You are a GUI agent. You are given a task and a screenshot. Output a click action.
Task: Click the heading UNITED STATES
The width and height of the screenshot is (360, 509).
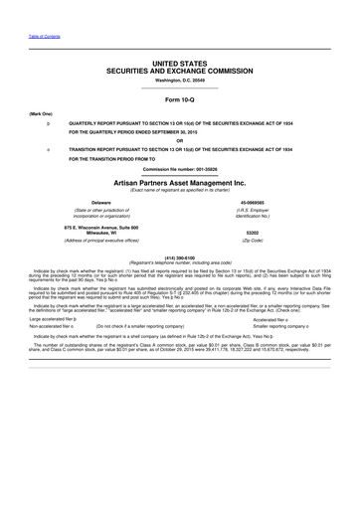(179, 63)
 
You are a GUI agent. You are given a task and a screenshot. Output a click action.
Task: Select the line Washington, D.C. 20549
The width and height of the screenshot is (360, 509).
(179, 80)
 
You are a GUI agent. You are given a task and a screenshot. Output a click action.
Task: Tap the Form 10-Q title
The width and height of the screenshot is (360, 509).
(179, 100)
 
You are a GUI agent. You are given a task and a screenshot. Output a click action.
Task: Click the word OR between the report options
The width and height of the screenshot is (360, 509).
(179, 138)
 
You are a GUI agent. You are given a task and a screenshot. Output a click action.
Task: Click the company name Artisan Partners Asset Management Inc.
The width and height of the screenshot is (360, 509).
(179, 183)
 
